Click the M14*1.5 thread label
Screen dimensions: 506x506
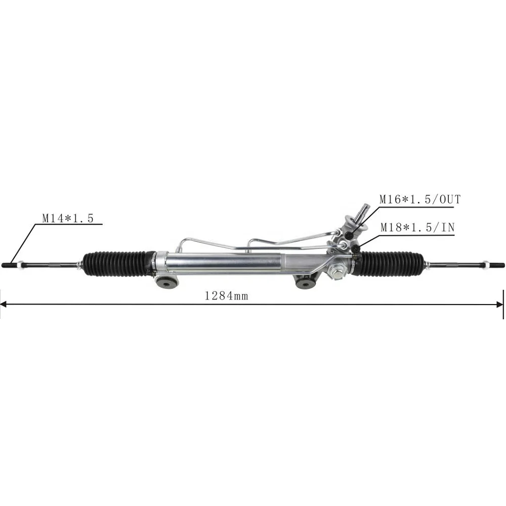coord(67,219)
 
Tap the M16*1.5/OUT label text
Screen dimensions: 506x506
coord(420,199)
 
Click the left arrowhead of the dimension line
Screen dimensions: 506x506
coord(4,304)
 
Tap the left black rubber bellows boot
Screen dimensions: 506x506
coord(119,262)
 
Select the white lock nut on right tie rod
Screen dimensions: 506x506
coord(485,264)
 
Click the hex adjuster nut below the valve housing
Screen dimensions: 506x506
coord(335,273)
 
